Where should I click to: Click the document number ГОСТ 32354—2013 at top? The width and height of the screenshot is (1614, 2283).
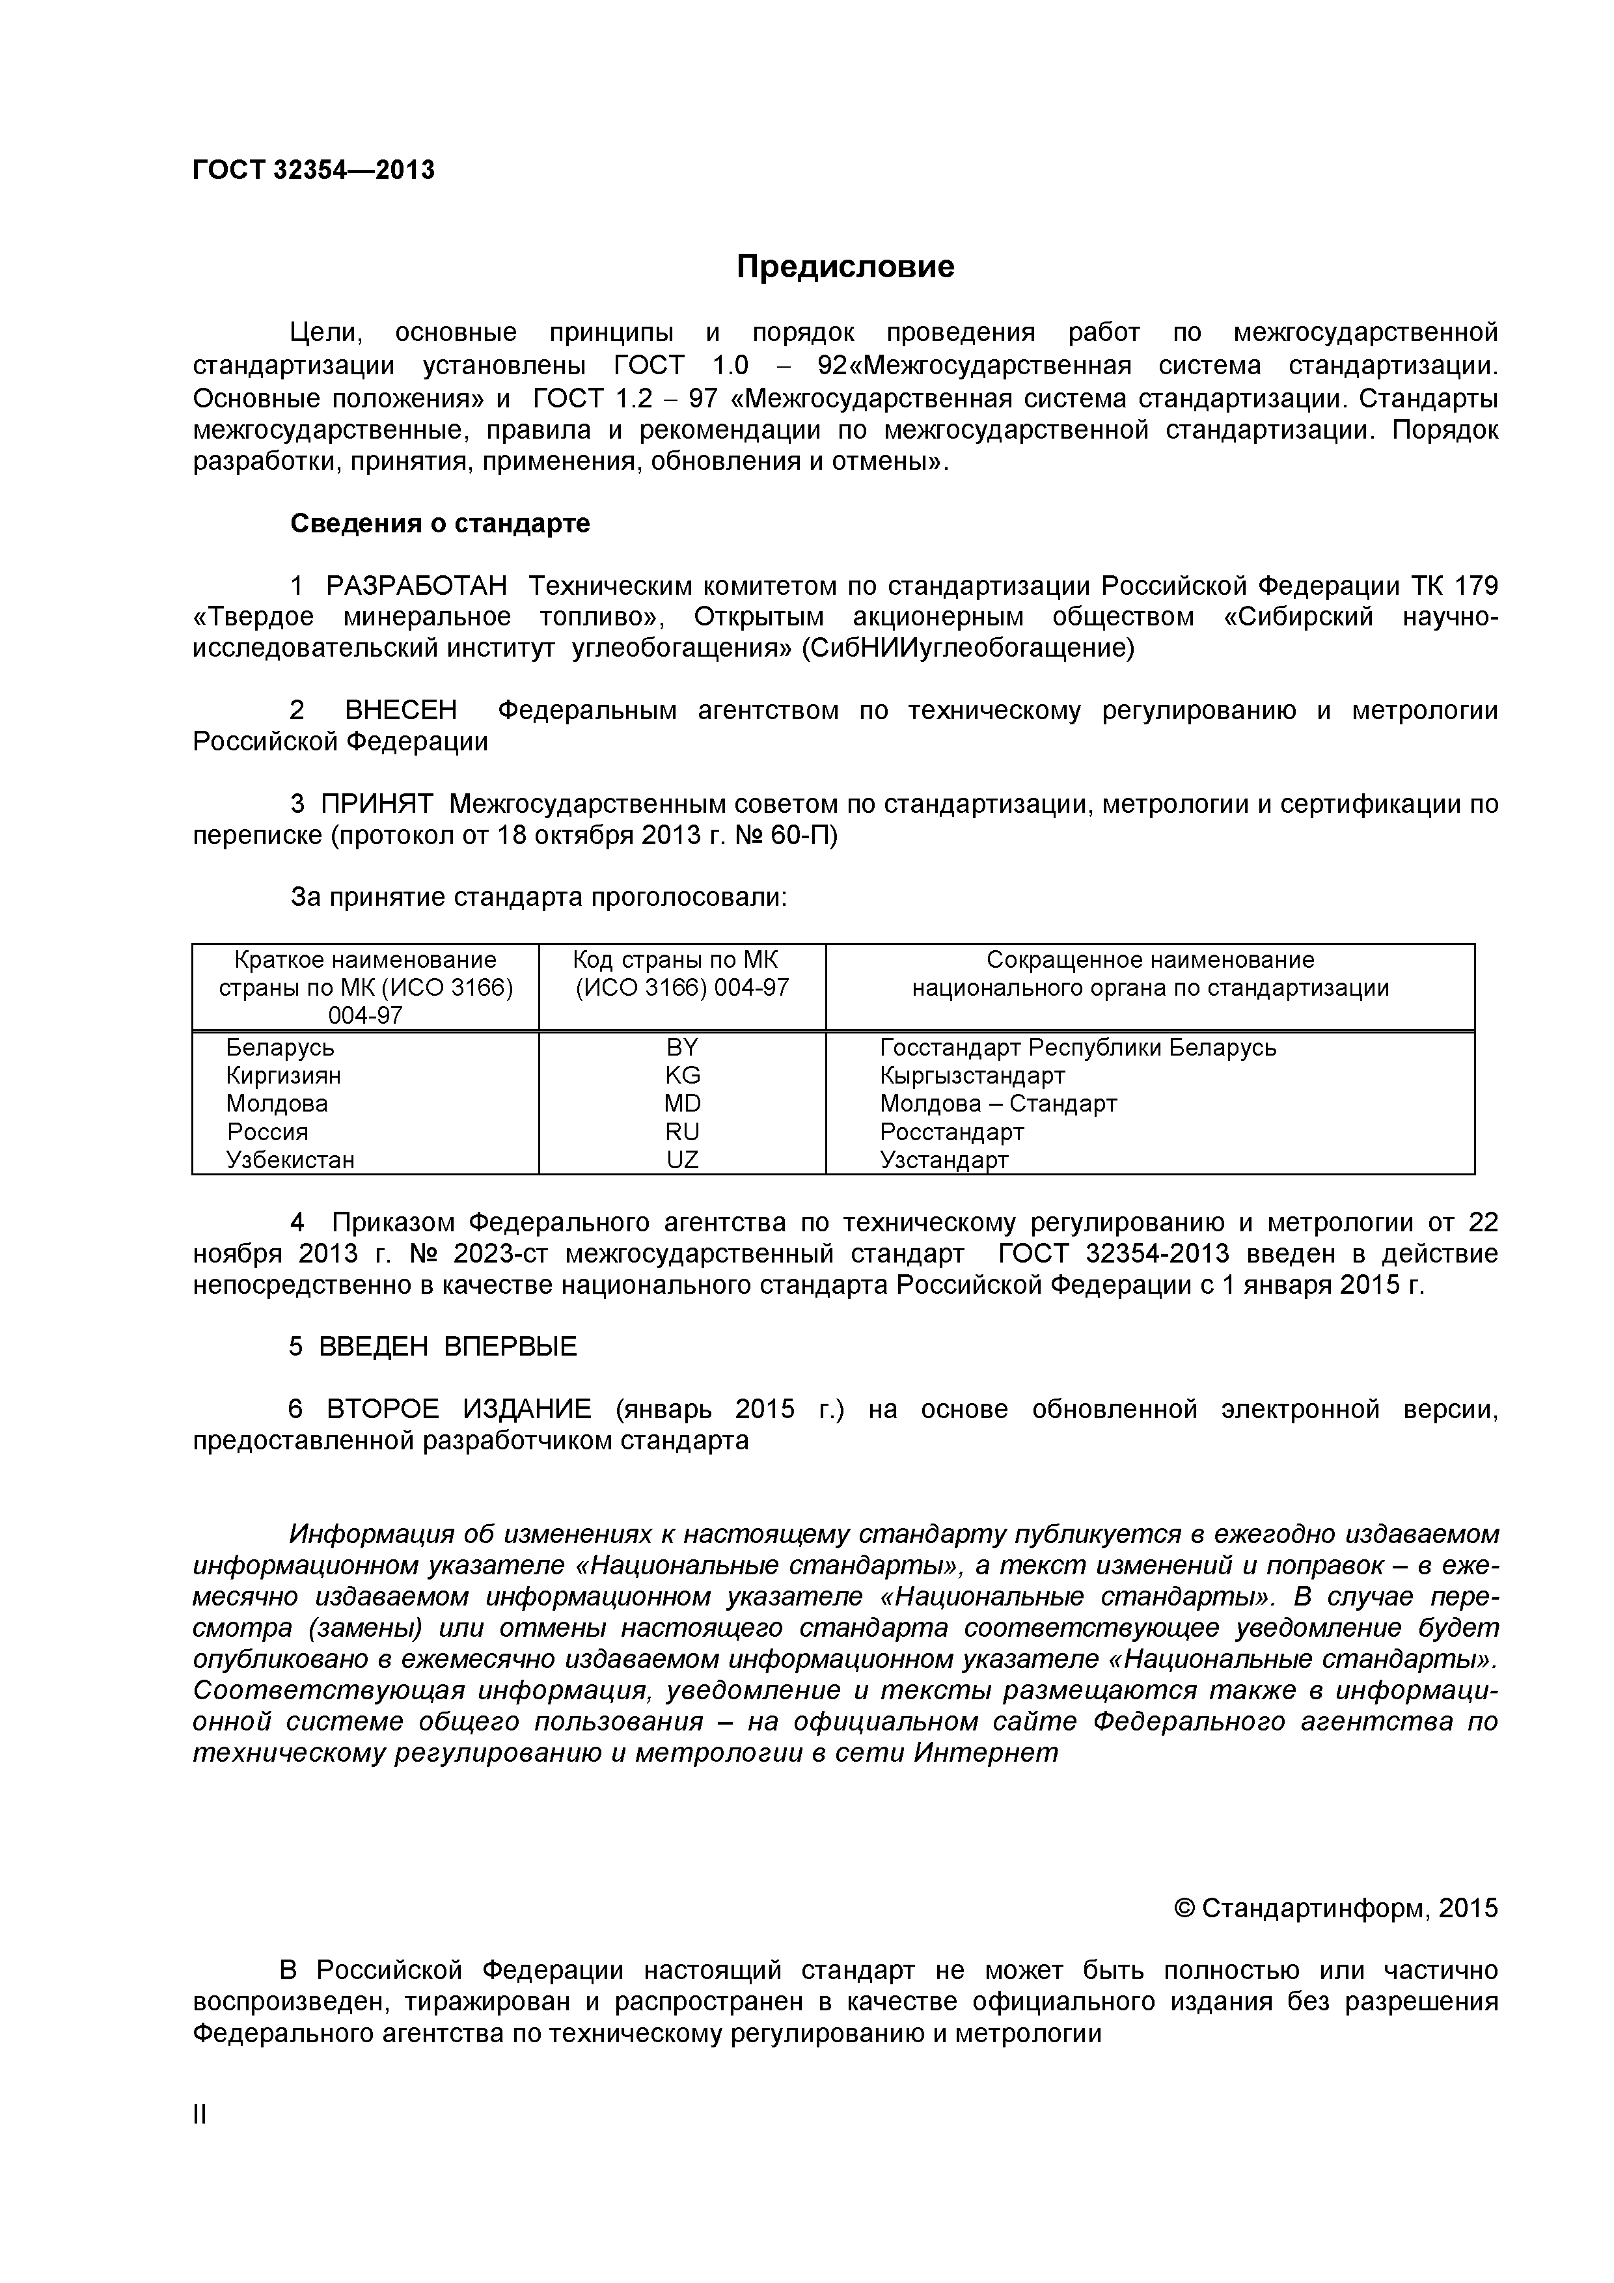(x=313, y=170)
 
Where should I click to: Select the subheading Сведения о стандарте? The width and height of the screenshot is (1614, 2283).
(x=439, y=523)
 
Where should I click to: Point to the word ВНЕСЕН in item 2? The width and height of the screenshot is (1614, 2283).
(x=401, y=710)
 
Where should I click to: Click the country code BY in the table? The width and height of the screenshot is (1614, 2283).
(x=682, y=1047)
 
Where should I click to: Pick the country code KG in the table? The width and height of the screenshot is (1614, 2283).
(x=682, y=1075)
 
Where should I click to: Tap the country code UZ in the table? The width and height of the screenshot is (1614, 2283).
(x=682, y=1160)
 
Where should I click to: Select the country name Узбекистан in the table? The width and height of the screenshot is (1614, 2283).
(x=290, y=1160)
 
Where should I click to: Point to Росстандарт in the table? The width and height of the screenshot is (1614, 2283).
(x=951, y=1132)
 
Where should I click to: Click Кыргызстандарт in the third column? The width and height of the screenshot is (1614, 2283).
(x=972, y=1075)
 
